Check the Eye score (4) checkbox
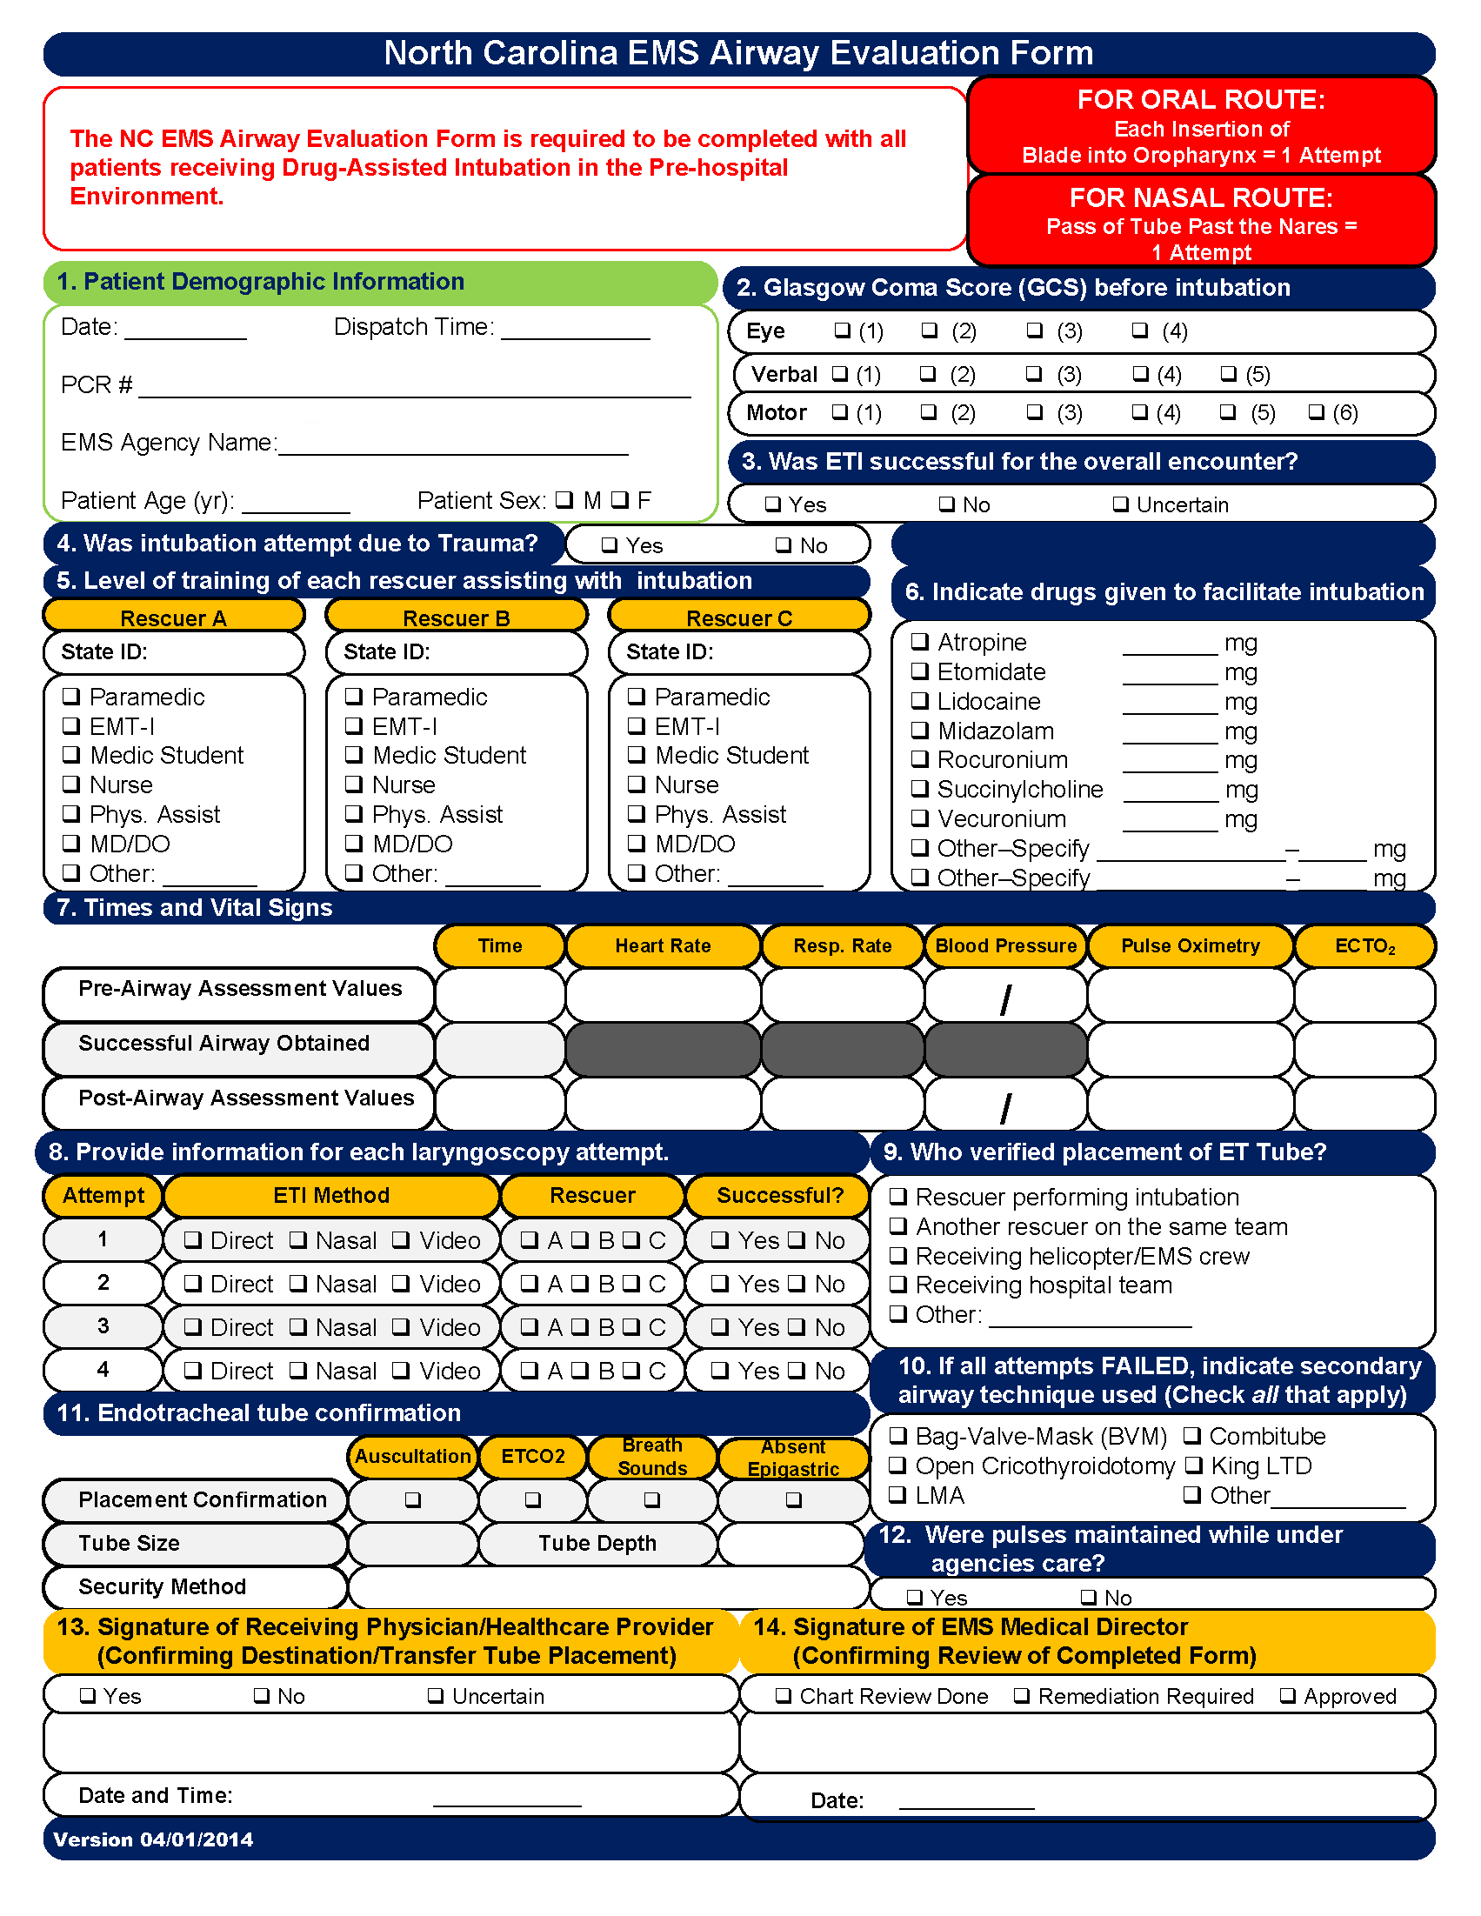pos(1139,330)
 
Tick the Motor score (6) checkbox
pos(1316,411)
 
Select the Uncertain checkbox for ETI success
pos(1120,504)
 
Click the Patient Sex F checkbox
pos(620,499)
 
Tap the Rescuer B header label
pos(457,618)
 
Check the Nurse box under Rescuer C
pos(637,784)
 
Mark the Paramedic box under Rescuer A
pos(71,696)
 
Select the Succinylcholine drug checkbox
pos(919,788)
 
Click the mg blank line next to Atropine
pos(1171,647)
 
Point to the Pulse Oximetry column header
pos(1190,945)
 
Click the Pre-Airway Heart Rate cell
pos(663,994)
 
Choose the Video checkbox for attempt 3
pos(401,1326)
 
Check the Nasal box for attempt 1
pos(298,1239)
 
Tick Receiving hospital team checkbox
pos(898,1285)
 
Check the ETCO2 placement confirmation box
pos(532,1499)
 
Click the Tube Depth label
pos(597,1543)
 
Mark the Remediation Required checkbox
pos(1022,1695)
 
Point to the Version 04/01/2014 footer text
pos(154,1839)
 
